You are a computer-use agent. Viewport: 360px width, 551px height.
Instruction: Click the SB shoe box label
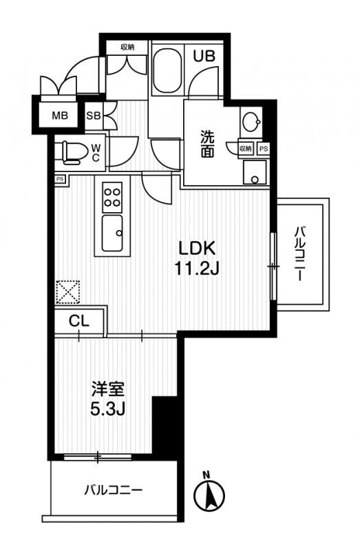tap(94, 116)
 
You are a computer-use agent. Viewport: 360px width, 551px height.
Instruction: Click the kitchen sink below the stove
tap(112, 233)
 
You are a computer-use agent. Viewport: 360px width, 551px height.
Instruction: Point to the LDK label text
tap(198, 248)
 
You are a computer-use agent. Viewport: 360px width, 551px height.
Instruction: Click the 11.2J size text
tap(197, 269)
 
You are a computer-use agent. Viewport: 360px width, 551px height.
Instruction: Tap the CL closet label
tap(78, 320)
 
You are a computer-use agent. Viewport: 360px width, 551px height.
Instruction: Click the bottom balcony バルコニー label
tap(114, 490)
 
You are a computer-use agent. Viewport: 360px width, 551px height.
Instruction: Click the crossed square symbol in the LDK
tap(68, 291)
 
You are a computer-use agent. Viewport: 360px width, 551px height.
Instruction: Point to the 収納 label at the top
tap(127, 47)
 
